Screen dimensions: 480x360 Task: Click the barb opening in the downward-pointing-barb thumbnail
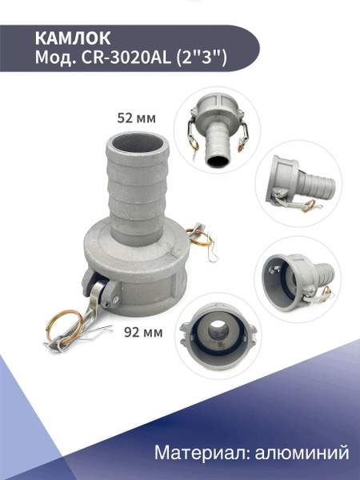coord(218,158)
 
